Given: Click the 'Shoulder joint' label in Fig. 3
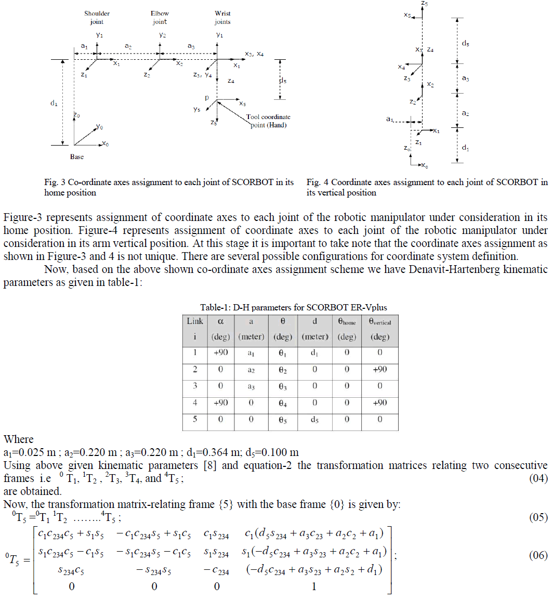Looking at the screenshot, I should pyautogui.click(x=97, y=18).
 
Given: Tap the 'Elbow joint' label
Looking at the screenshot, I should pyautogui.click(x=160, y=18).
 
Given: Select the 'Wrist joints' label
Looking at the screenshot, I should pyautogui.click(x=222, y=18).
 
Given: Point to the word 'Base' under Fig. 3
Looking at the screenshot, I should pyautogui.click(x=77, y=156).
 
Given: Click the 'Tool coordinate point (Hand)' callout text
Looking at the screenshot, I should pyautogui.click(x=268, y=121).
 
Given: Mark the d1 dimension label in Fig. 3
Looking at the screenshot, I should pyautogui.click(x=54, y=103).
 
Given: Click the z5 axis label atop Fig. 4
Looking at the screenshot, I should pyautogui.click(x=425, y=4).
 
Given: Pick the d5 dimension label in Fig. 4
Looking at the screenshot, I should pyautogui.click(x=466, y=44).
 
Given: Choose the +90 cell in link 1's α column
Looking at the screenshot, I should pyautogui.click(x=220, y=353).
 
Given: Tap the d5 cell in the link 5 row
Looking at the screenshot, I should pyautogui.click(x=315, y=420).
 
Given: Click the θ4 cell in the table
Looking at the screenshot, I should pyautogui.click(x=283, y=403).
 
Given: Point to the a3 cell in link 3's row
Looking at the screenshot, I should pyautogui.click(x=251, y=386).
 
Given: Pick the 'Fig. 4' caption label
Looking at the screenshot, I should pyautogui.click(x=318, y=182).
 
